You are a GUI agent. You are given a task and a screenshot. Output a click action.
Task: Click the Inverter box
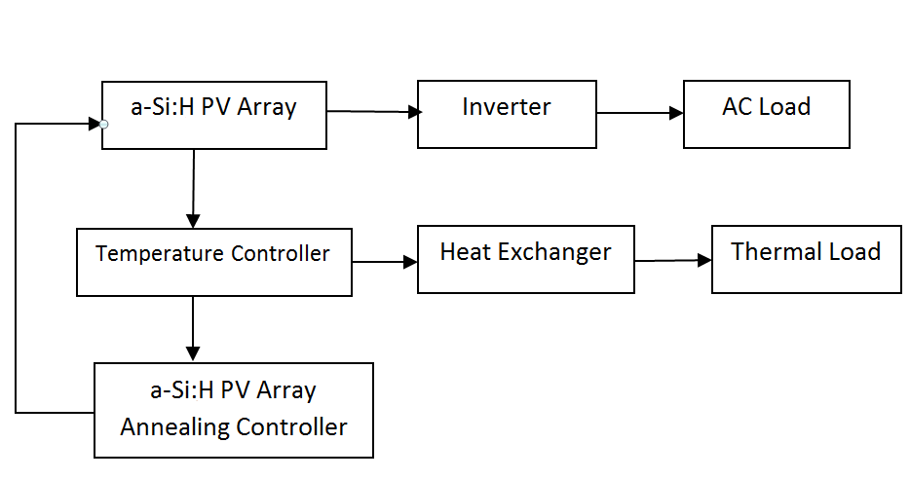click(x=507, y=113)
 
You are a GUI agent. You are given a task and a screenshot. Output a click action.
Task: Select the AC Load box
click(x=766, y=113)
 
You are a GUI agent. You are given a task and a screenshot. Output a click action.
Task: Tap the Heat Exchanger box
click(x=525, y=259)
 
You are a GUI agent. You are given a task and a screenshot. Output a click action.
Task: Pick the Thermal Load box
click(x=805, y=259)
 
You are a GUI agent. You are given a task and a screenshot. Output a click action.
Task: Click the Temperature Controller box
click(x=213, y=262)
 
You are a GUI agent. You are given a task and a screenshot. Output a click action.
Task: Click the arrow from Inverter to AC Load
click(x=640, y=113)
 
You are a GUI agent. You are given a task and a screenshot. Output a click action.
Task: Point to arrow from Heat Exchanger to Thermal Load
click(x=672, y=260)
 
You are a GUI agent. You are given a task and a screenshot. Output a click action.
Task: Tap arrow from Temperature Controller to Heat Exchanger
click(x=385, y=261)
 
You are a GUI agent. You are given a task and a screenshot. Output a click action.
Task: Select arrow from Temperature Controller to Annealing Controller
click(x=193, y=329)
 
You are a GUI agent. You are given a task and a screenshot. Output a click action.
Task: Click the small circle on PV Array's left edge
click(x=102, y=124)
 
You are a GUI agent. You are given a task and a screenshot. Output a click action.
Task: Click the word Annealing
click(x=172, y=426)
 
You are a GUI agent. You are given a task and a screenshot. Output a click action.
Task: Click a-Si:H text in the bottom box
click(x=184, y=390)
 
